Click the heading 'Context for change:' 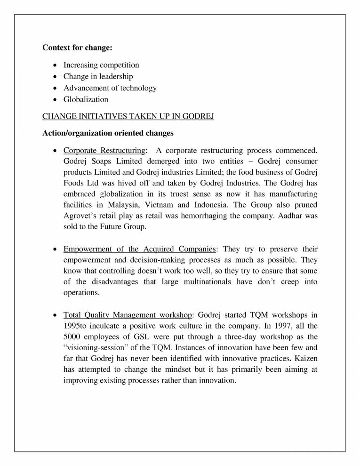click(77, 48)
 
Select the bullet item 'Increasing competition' click(101, 65)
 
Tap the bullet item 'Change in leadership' click(98, 76)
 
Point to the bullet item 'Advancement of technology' click(110, 88)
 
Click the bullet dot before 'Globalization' click(56, 100)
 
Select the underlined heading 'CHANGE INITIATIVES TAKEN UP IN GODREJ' click(128, 116)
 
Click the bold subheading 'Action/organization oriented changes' click(108, 133)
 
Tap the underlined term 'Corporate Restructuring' click(104, 151)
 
